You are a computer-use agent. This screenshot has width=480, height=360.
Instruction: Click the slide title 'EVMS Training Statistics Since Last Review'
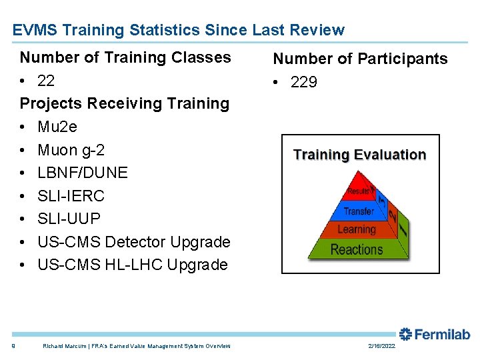179,30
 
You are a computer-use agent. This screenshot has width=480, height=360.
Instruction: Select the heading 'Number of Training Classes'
125,57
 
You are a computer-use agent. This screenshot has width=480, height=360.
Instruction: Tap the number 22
46,81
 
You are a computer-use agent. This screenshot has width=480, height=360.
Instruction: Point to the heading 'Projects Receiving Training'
125,103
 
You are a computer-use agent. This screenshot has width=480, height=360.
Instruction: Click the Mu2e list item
57,127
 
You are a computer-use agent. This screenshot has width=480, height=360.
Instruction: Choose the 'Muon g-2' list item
71,150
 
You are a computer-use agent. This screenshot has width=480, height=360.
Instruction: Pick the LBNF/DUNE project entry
83,173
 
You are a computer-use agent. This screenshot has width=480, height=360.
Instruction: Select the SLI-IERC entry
71,196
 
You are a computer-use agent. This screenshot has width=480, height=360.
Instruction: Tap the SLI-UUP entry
69,219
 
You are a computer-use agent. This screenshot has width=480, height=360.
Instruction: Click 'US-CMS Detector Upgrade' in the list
134,242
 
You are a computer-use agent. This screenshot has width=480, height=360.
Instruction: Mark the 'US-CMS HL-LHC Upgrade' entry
133,265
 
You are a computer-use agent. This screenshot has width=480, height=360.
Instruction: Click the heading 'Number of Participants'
361,59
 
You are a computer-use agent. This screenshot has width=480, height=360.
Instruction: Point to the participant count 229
304,82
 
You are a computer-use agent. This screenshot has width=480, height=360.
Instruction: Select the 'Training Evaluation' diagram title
360,155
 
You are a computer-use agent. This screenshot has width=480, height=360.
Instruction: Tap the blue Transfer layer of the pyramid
358,211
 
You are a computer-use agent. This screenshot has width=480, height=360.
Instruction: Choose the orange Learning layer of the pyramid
357,229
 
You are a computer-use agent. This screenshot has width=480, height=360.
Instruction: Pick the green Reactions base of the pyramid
357,250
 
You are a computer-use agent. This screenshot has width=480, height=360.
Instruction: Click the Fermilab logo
435,334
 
